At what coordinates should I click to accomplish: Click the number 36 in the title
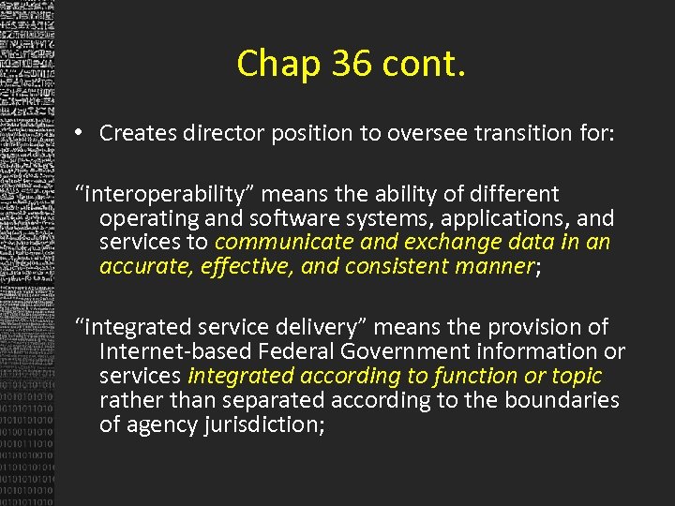(337, 64)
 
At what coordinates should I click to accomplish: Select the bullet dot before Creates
(82, 133)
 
